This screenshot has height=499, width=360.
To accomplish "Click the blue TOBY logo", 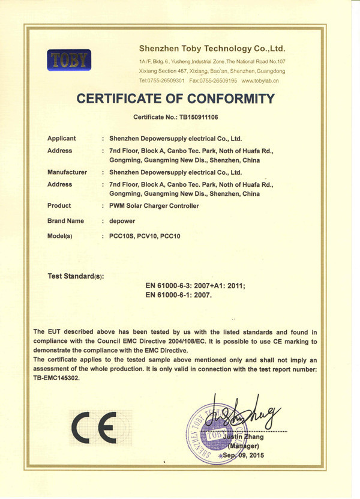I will click(68, 60).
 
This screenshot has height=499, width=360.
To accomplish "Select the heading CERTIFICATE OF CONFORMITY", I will click(175, 99).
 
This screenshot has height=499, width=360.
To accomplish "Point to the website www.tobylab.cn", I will click(260, 80).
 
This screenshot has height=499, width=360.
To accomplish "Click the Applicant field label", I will click(62, 138).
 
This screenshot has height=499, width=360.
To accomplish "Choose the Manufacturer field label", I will click(67, 172).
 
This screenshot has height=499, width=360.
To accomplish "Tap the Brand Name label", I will click(65, 221).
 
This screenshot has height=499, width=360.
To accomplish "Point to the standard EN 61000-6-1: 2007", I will click(179, 295).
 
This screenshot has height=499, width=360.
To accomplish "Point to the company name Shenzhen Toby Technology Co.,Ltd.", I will click(212, 47).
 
